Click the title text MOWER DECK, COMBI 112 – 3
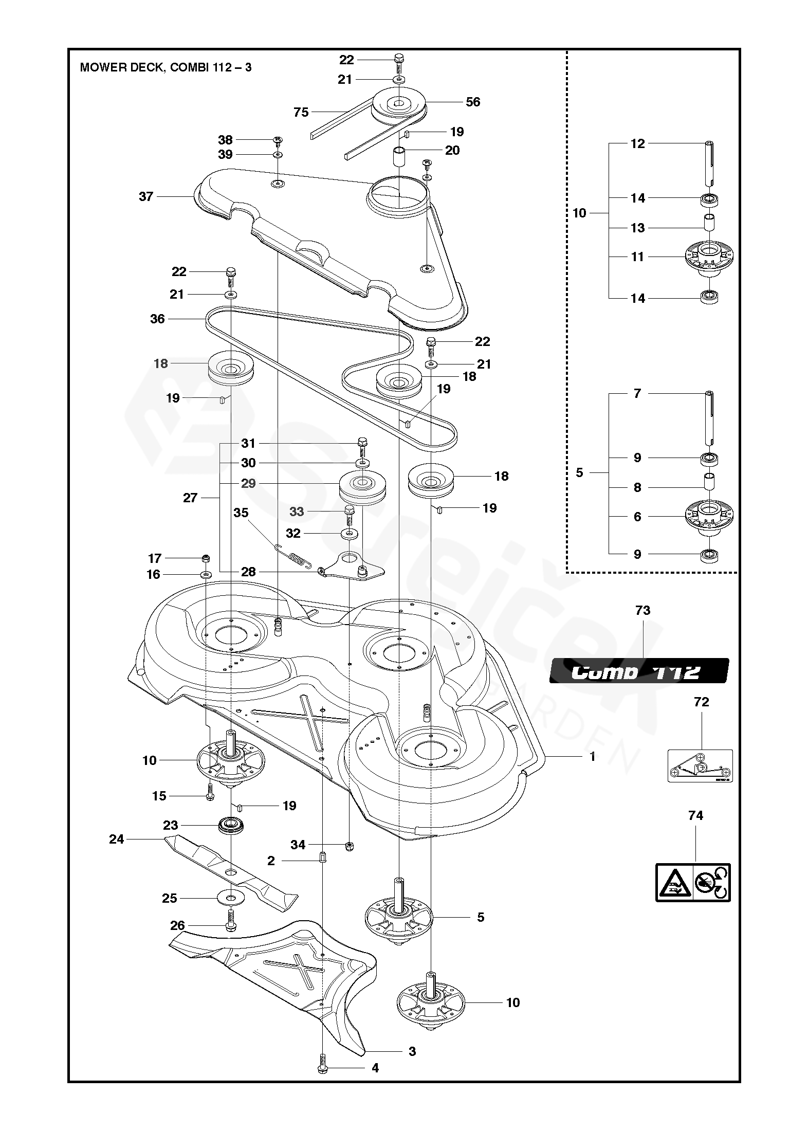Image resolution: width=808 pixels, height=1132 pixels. point(166,67)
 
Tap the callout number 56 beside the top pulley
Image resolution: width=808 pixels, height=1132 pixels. point(472,102)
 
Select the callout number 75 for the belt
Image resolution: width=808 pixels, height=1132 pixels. point(301,112)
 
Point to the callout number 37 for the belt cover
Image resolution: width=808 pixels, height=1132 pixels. point(146,196)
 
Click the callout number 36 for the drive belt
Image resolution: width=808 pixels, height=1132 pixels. point(157,319)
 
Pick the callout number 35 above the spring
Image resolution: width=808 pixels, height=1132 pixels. point(241,513)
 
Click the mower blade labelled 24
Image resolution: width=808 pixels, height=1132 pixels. point(231,872)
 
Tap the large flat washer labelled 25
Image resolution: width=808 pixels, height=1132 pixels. point(231,898)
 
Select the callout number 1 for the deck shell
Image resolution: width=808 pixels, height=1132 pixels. point(592,756)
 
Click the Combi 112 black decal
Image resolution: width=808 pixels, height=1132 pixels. point(639,671)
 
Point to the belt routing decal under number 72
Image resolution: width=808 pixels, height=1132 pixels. point(700,765)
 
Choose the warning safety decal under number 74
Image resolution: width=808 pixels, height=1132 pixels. point(693,882)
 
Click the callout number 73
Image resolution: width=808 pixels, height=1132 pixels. point(642,610)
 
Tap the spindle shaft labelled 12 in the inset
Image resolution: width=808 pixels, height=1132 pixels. point(709,164)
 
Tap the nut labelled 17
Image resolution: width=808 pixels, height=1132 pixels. point(206,558)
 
